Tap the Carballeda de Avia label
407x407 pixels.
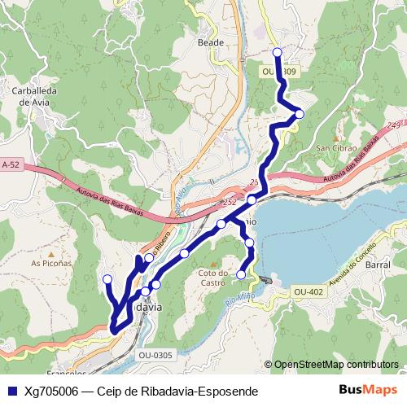click(x=33, y=97)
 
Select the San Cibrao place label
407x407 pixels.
click(x=335, y=148)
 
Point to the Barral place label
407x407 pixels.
click(x=378, y=265)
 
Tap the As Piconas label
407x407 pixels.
click(x=49, y=264)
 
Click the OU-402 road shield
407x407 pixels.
click(x=309, y=291)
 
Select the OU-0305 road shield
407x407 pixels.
click(x=155, y=354)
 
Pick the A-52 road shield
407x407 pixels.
click(x=10, y=164)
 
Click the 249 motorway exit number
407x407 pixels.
click(x=394, y=125)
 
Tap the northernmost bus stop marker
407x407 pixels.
click(x=277, y=52)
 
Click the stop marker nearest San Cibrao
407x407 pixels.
click(x=299, y=114)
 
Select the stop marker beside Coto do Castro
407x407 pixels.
click(x=241, y=275)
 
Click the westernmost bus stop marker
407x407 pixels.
click(x=107, y=279)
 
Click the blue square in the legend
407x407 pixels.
click(x=11, y=392)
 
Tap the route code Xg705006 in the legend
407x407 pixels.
click(x=51, y=392)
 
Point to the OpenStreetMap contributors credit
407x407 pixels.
click(x=335, y=365)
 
